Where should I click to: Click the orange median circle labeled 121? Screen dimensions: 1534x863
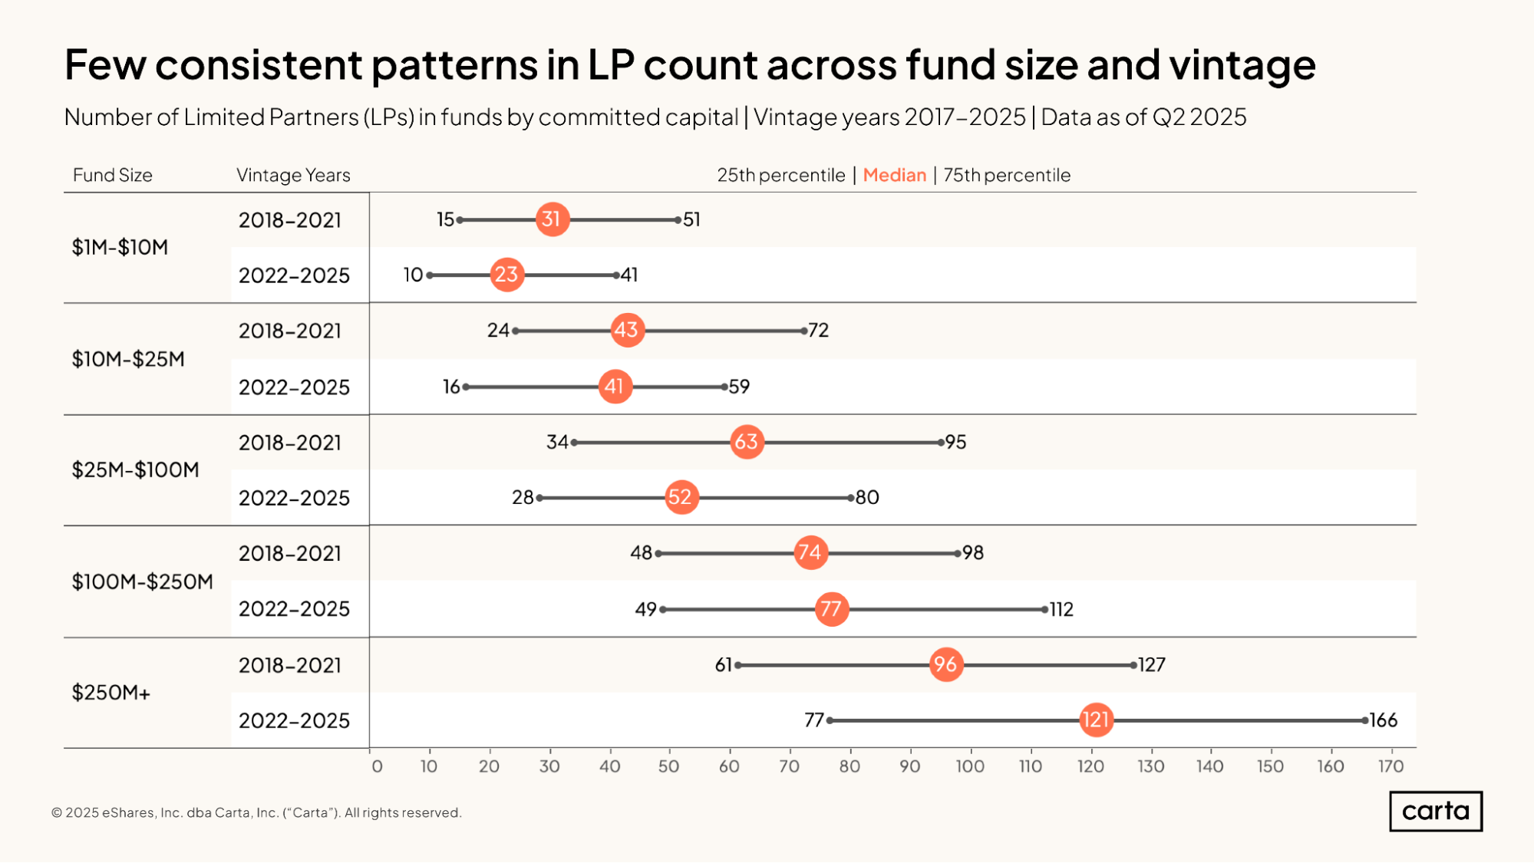(1096, 720)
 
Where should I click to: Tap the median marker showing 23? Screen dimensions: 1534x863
(506, 275)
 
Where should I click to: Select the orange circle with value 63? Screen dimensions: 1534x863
(747, 442)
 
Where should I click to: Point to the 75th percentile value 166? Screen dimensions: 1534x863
(1384, 720)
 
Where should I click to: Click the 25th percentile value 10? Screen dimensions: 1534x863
(414, 275)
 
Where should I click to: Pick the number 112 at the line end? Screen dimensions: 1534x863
(1062, 609)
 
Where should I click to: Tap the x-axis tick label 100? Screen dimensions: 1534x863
(970, 766)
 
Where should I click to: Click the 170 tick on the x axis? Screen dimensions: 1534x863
(1390, 766)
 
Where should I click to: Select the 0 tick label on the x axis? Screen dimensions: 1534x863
(377, 766)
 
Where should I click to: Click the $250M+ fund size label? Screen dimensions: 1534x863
(111, 693)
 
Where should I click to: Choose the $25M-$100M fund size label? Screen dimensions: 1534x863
(135, 469)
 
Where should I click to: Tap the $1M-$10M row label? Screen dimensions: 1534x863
(120, 247)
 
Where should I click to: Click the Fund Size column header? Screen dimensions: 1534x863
(113, 175)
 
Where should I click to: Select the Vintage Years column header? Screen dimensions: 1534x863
(293, 175)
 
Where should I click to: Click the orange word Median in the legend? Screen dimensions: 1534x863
(895, 175)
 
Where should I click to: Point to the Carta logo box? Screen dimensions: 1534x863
(1436, 811)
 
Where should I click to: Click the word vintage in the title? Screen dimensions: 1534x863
(1242, 64)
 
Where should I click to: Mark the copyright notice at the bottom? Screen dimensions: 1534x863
(256, 812)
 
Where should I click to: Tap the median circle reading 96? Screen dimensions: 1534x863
(946, 664)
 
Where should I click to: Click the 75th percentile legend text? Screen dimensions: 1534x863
(1007, 175)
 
